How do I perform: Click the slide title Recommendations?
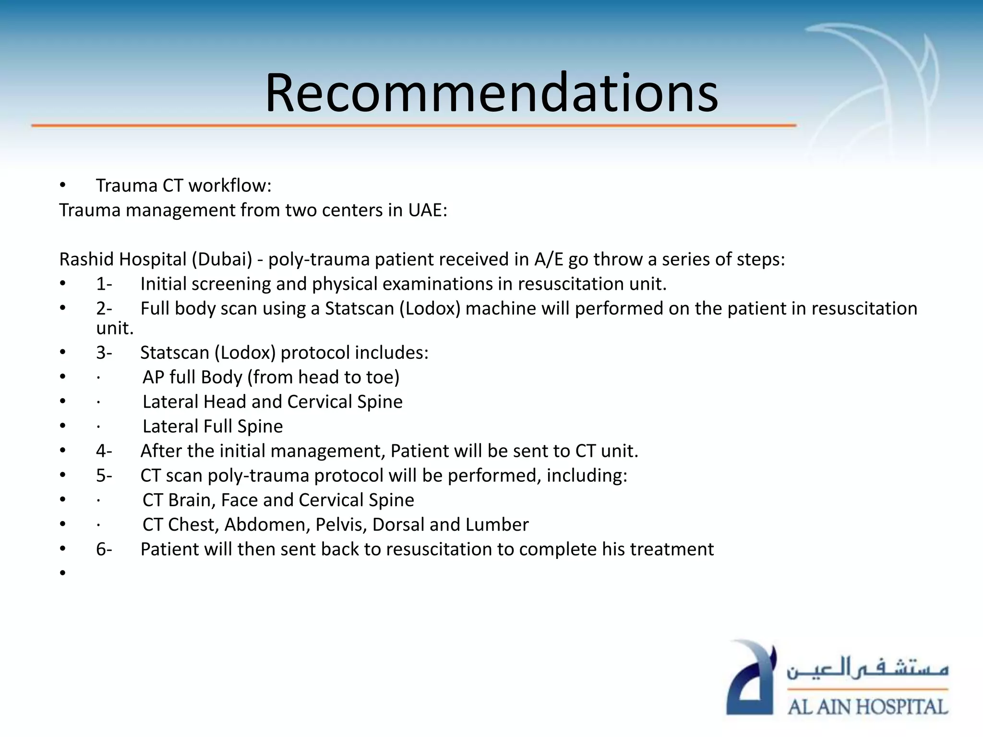click(x=491, y=92)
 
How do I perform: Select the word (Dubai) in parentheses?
click(x=222, y=259)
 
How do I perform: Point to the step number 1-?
click(x=104, y=284)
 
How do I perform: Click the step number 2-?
click(x=104, y=309)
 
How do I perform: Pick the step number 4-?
click(x=104, y=451)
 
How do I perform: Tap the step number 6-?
click(x=104, y=549)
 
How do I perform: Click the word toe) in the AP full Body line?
click(x=383, y=377)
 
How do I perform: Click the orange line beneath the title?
click(x=413, y=125)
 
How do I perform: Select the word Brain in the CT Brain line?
click(x=192, y=500)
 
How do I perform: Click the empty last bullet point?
click(x=62, y=573)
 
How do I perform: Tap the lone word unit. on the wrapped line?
click(x=115, y=329)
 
